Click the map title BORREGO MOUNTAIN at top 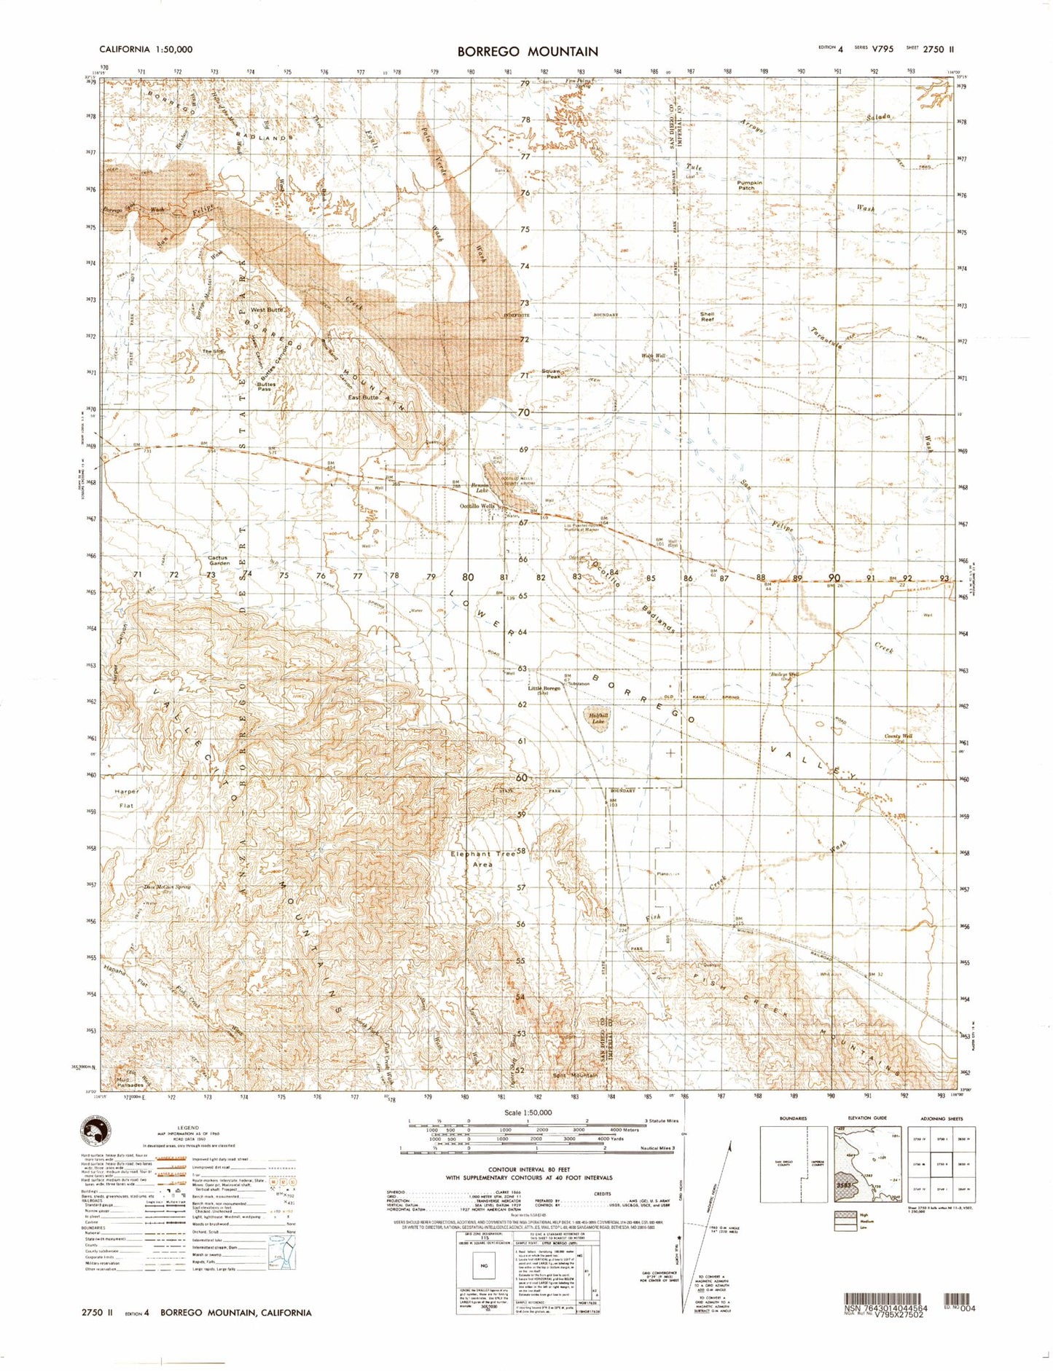pos(528,51)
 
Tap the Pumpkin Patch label pos(749,185)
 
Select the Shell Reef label pos(707,317)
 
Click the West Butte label pos(267,310)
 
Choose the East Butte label pos(363,397)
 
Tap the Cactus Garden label pos(219,560)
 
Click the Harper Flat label pos(126,798)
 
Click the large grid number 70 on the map pos(522,412)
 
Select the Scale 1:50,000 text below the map pos(528,1112)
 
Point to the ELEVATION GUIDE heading pos(866,1118)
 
